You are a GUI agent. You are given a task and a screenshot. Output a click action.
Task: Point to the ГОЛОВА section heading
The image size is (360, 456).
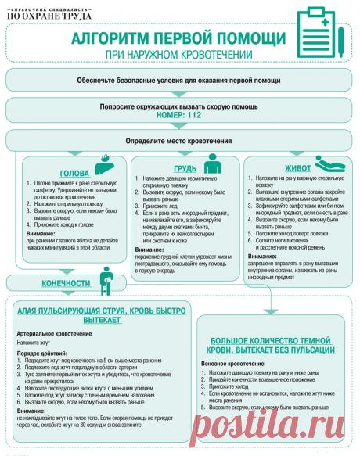click(74, 174)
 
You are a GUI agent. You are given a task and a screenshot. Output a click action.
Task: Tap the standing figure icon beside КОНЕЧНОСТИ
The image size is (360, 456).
click(106, 279)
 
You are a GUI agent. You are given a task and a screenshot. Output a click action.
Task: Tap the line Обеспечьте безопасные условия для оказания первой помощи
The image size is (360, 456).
click(179, 81)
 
